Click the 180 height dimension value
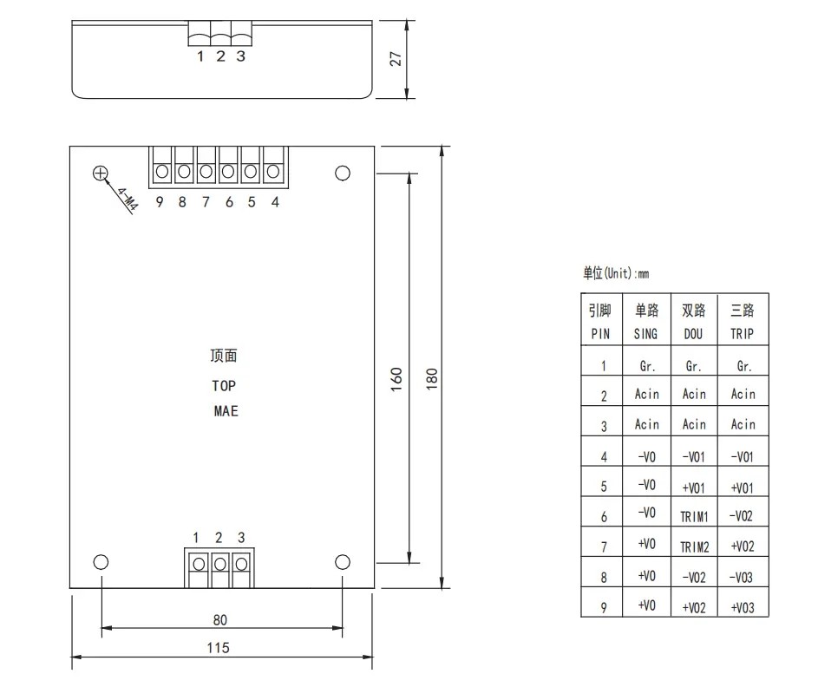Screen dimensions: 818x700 pyautogui.click(x=431, y=379)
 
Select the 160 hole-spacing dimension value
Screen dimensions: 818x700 pyautogui.click(x=396, y=379)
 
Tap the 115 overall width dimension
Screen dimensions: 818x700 pyautogui.click(x=218, y=648)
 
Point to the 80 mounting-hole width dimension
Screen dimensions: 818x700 pyautogui.click(x=220, y=619)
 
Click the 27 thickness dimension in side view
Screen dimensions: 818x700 pyautogui.click(x=396, y=58)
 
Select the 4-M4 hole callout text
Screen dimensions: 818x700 pyautogui.click(x=128, y=200)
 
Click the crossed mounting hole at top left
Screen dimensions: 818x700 pyautogui.click(x=100, y=173)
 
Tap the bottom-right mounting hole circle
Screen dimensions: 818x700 pyautogui.click(x=343, y=562)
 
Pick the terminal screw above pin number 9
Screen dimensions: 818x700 pyautogui.click(x=162, y=171)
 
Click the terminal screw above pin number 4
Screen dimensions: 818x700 pyautogui.click(x=273, y=171)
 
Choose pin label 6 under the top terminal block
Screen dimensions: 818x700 pyautogui.click(x=229, y=202)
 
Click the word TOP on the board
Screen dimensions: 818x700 pyautogui.click(x=224, y=386)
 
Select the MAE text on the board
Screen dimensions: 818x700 pyautogui.click(x=226, y=411)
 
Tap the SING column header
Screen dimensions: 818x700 pyautogui.click(x=646, y=334)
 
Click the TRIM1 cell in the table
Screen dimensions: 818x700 pyautogui.click(x=694, y=517)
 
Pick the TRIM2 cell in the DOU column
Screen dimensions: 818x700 pyautogui.click(x=694, y=547)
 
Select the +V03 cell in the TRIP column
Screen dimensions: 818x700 pyautogui.click(x=743, y=608)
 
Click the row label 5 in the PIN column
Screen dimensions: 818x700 pyautogui.click(x=604, y=487)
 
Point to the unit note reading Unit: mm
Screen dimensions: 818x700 pyautogui.click(x=616, y=273)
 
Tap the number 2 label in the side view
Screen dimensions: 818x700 pyautogui.click(x=220, y=56)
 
